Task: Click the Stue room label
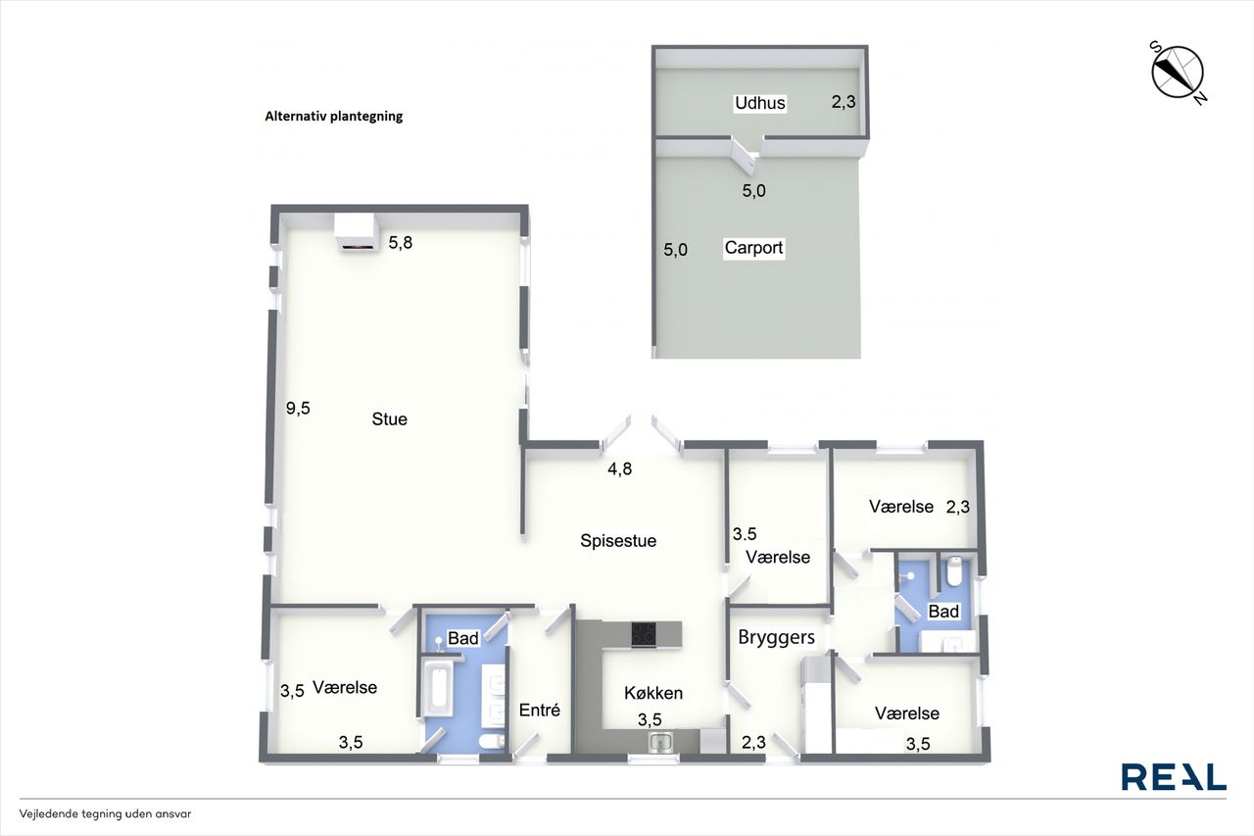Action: pos(390,418)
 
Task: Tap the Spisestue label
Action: pos(618,540)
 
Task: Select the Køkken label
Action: pos(653,693)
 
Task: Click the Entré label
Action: pos(540,710)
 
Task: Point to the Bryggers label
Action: pos(777,637)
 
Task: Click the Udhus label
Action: pos(760,103)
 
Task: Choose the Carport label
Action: pos(753,248)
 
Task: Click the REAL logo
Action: pos(1174,776)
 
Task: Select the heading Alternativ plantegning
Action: pos(334,117)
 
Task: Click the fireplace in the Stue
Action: pos(355,232)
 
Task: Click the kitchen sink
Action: pos(661,743)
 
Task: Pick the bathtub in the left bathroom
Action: pos(437,687)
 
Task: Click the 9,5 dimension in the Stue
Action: pos(298,409)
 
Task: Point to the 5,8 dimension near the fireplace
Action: pos(401,242)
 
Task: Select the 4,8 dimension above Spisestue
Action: pos(620,468)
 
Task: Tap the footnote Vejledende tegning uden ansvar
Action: pos(105,813)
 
